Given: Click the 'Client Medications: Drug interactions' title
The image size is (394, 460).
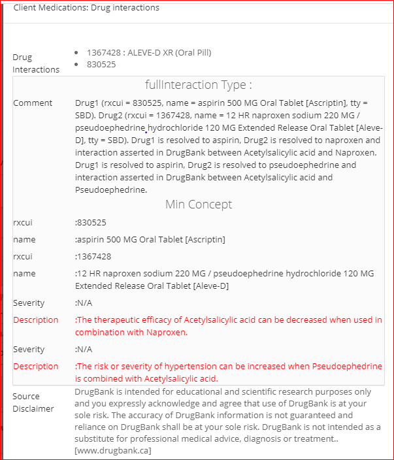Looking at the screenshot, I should point(86,8).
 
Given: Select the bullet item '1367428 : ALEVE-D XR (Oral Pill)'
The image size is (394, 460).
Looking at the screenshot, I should point(149,52).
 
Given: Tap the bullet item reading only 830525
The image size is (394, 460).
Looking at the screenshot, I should point(101,64).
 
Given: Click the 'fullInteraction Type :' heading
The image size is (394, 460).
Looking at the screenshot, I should point(198,85).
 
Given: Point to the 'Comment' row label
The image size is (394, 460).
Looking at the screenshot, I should point(33,103).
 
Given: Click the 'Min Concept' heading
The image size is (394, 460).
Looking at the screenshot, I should point(198,205).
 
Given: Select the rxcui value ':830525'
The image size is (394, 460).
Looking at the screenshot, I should point(91,223).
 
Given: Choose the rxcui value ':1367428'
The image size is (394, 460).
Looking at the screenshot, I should point(93,257).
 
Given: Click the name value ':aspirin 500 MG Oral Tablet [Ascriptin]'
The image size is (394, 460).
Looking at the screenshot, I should point(150,240).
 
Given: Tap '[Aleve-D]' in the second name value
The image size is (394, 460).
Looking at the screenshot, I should point(210,286).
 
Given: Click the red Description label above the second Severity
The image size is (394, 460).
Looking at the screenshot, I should point(36,320).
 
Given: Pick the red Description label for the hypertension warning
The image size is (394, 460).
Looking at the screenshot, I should point(36,367).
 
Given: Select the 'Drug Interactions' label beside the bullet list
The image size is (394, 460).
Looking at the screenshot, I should point(36,63).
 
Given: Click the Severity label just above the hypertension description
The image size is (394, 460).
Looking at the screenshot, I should point(29,350).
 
